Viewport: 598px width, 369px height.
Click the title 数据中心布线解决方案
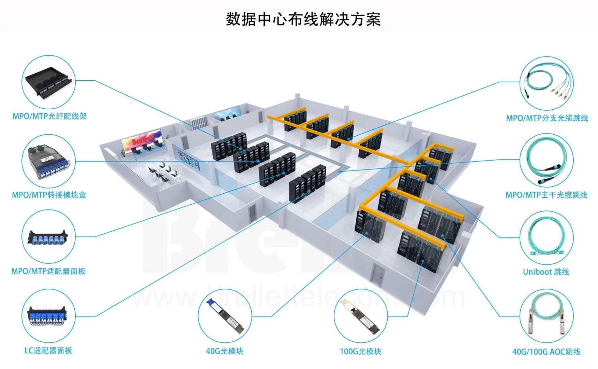303,19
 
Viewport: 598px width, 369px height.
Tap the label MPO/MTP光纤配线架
49,116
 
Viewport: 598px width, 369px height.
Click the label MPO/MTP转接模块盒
49,195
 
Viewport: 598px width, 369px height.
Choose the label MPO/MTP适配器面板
48,271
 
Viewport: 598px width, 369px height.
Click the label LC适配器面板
48,351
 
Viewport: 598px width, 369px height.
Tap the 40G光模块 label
225,351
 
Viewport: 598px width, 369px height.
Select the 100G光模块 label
360,351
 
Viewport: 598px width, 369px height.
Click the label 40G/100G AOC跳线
547,352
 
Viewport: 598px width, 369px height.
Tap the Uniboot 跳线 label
546,272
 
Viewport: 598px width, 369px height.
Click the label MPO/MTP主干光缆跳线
547,195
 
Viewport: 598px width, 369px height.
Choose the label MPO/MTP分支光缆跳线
547,118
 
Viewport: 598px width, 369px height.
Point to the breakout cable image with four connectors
547,84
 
